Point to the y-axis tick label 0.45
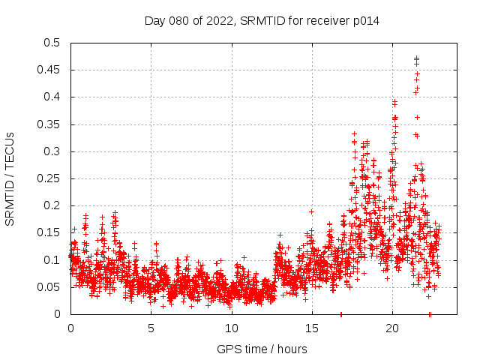[51, 70]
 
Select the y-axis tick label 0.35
[51, 124]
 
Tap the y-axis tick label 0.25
[51, 178]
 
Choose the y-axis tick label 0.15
[51, 232]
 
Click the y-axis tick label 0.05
[51, 287]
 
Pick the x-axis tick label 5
[151, 328]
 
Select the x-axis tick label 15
[311, 328]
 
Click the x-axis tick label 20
[391, 328]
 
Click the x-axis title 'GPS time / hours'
[262, 349]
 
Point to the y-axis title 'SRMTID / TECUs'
[10, 178]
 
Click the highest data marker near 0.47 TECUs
[416, 58]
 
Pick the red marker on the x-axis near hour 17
[341, 314]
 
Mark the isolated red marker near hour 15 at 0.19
[311, 211]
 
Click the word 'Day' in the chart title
[154, 20]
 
